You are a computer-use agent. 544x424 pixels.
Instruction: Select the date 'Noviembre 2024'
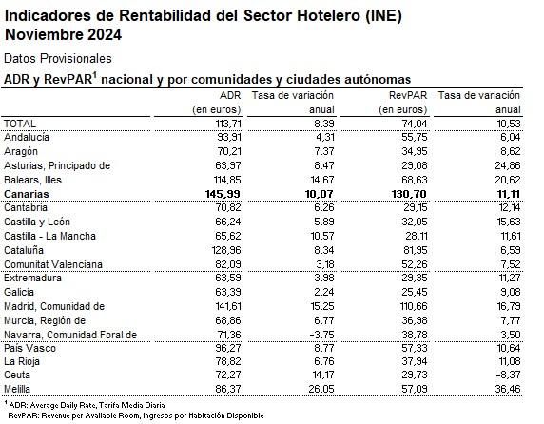(x=63, y=35)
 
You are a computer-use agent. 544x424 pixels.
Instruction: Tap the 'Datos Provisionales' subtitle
(x=58, y=59)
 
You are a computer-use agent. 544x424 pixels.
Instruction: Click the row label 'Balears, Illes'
(x=35, y=180)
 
